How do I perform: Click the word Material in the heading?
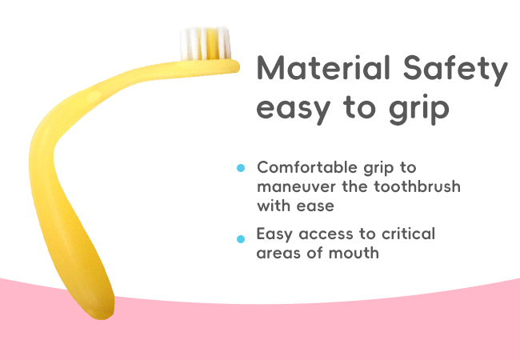[323, 68]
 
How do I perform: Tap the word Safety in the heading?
[455, 70]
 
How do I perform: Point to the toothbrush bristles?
[205, 43]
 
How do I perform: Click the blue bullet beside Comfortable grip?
[241, 168]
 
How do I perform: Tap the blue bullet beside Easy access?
[241, 239]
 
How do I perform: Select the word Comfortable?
[308, 167]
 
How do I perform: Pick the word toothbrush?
[417, 186]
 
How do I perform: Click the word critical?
[408, 234]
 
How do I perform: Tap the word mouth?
[354, 253]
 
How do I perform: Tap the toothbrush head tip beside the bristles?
[235, 66]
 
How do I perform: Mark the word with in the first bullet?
[274, 206]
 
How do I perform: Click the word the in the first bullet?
[355, 186]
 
